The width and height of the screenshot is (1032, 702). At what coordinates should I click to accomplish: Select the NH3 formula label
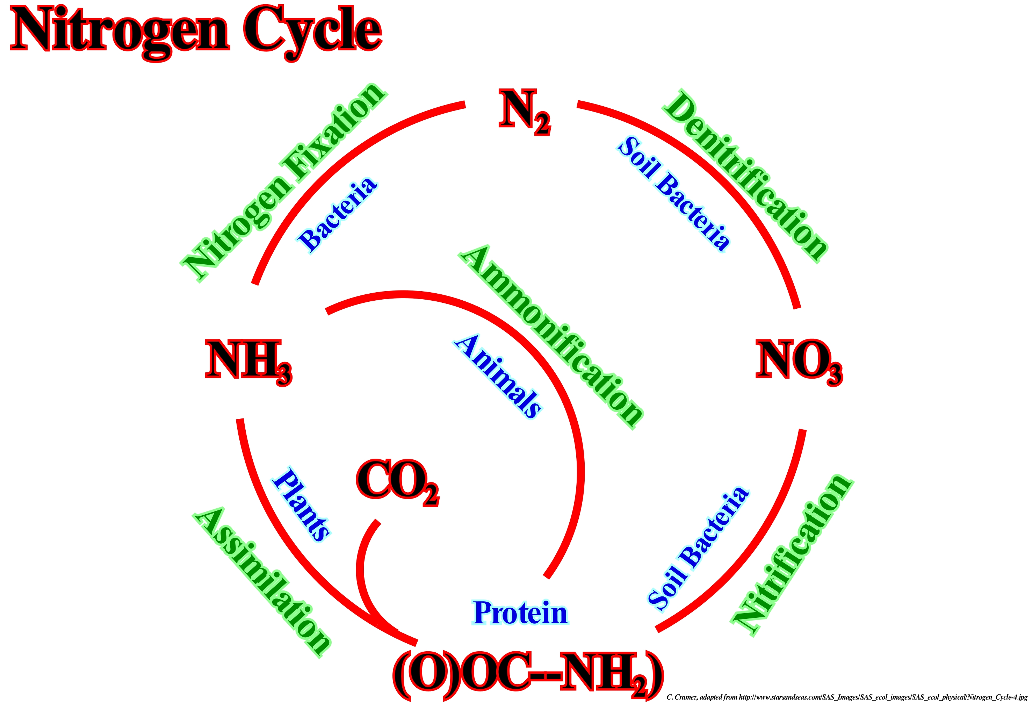(248, 361)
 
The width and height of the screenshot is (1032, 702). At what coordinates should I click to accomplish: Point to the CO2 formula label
(397, 482)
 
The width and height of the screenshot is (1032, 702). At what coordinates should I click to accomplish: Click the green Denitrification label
(746, 175)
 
